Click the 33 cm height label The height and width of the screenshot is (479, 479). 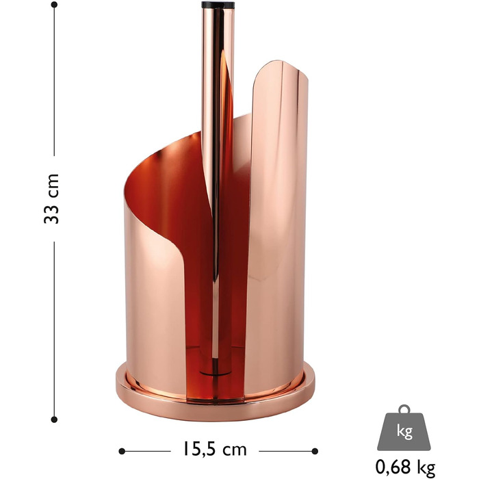coord(51,198)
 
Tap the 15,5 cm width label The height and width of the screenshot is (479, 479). coord(214,449)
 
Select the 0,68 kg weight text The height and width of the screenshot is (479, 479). coord(405,467)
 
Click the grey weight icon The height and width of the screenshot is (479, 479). coord(404,427)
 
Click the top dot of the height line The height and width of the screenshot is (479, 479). coord(54,5)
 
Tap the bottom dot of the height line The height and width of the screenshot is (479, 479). coord(54,419)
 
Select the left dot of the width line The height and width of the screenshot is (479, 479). coord(122,451)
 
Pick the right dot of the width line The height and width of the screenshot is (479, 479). coord(315,451)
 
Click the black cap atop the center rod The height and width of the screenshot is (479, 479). coord(218,5)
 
